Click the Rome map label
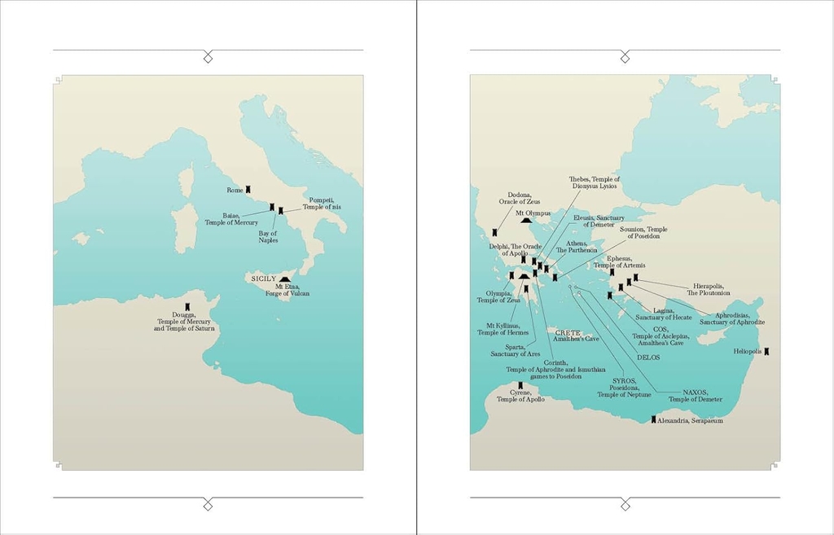click(x=235, y=190)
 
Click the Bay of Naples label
click(x=269, y=236)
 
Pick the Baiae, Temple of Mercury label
click(x=231, y=219)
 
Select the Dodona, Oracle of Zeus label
click(x=520, y=198)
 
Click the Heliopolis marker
click(x=766, y=352)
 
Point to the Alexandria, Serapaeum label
click(x=690, y=421)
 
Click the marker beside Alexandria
click(x=653, y=420)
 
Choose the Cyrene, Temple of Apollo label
click(x=520, y=396)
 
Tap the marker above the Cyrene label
click(x=520, y=385)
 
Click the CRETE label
click(x=568, y=332)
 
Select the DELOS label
click(x=649, y=357)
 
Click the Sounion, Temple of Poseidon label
click(x=643, y=233)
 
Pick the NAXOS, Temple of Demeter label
click(x=696, y=396)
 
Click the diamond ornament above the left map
click(x=208, y=55)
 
